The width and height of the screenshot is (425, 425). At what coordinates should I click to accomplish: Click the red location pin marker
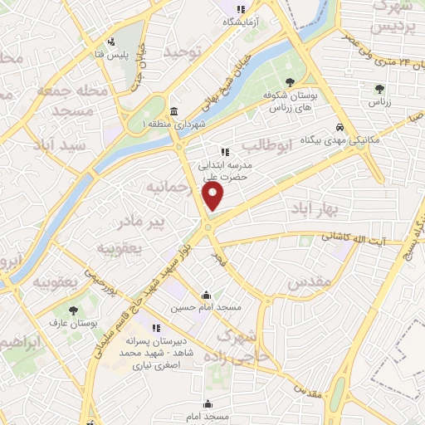tap(213, 196)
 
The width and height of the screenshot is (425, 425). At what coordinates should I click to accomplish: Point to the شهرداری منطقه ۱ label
tap(173, 125)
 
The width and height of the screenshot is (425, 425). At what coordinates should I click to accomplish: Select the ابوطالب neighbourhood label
tap(294, 149)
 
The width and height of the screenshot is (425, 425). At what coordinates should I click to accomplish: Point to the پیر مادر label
tap(141, 222)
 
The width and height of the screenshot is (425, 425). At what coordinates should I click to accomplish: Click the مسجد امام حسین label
tap(206, 307)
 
